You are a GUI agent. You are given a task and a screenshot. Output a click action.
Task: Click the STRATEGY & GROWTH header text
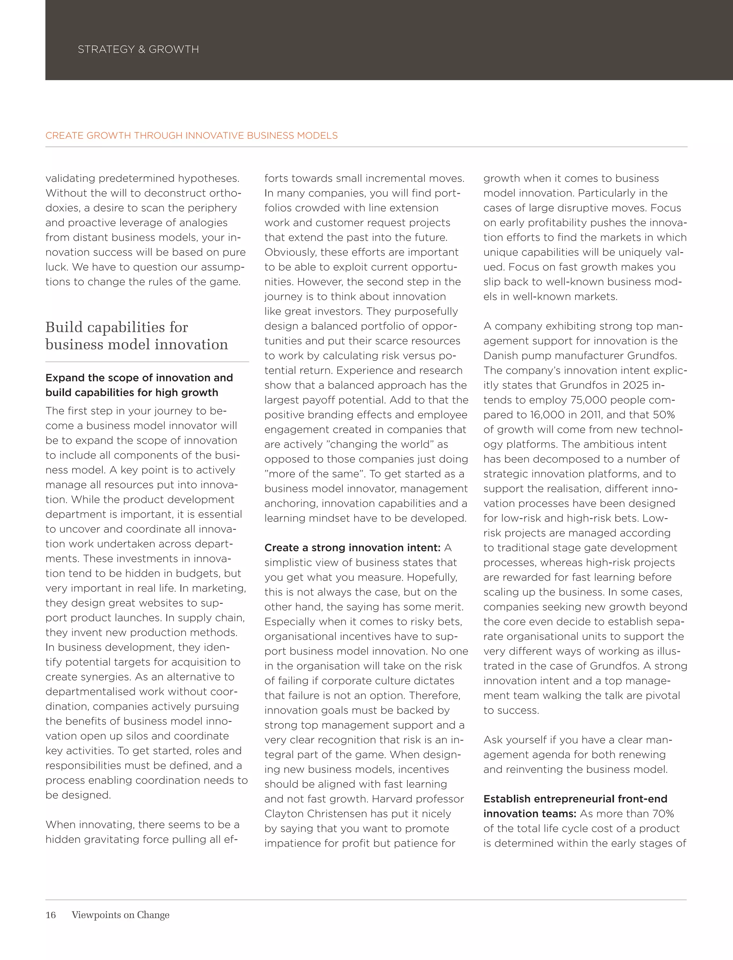click(138, 49)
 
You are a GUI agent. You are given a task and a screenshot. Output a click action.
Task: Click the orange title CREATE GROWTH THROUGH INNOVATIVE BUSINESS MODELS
click(191, 135)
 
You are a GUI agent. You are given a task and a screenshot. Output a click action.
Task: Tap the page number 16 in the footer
click(50, 915)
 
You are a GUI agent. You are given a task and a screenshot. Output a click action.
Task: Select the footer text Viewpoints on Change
click(120, 915)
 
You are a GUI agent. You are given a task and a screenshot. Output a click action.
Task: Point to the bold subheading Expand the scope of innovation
click(139, 378)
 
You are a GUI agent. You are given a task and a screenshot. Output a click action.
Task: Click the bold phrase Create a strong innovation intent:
click(352, 548)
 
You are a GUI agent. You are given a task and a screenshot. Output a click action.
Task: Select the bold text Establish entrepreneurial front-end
click(575, 799)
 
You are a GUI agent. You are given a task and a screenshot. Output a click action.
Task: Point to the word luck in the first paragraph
click(56, 267)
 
